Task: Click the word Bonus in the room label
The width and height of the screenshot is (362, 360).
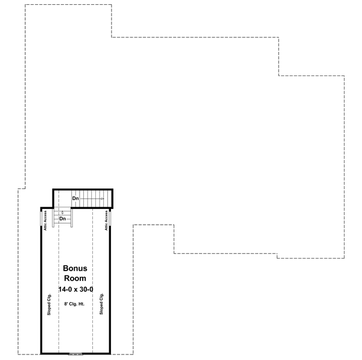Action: [75, 268]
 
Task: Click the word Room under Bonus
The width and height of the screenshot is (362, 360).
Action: [75, 278]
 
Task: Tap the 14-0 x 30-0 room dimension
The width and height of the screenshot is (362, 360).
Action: [76, 290]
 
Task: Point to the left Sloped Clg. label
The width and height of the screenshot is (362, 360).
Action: [49, 304]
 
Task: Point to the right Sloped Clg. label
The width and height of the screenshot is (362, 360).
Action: [102, 304]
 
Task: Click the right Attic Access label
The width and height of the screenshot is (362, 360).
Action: [106, 220]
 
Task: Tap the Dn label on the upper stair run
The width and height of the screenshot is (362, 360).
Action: [75, 198]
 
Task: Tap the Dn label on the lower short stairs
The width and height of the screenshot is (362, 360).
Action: [62, 219]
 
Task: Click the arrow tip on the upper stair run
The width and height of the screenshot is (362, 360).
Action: [104, 198]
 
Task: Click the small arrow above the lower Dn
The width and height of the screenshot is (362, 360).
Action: [62, 213]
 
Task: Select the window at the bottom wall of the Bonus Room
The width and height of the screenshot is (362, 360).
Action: [75, 353]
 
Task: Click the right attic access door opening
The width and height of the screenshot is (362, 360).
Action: [110, 220]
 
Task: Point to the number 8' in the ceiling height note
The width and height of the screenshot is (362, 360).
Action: [65, 304]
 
